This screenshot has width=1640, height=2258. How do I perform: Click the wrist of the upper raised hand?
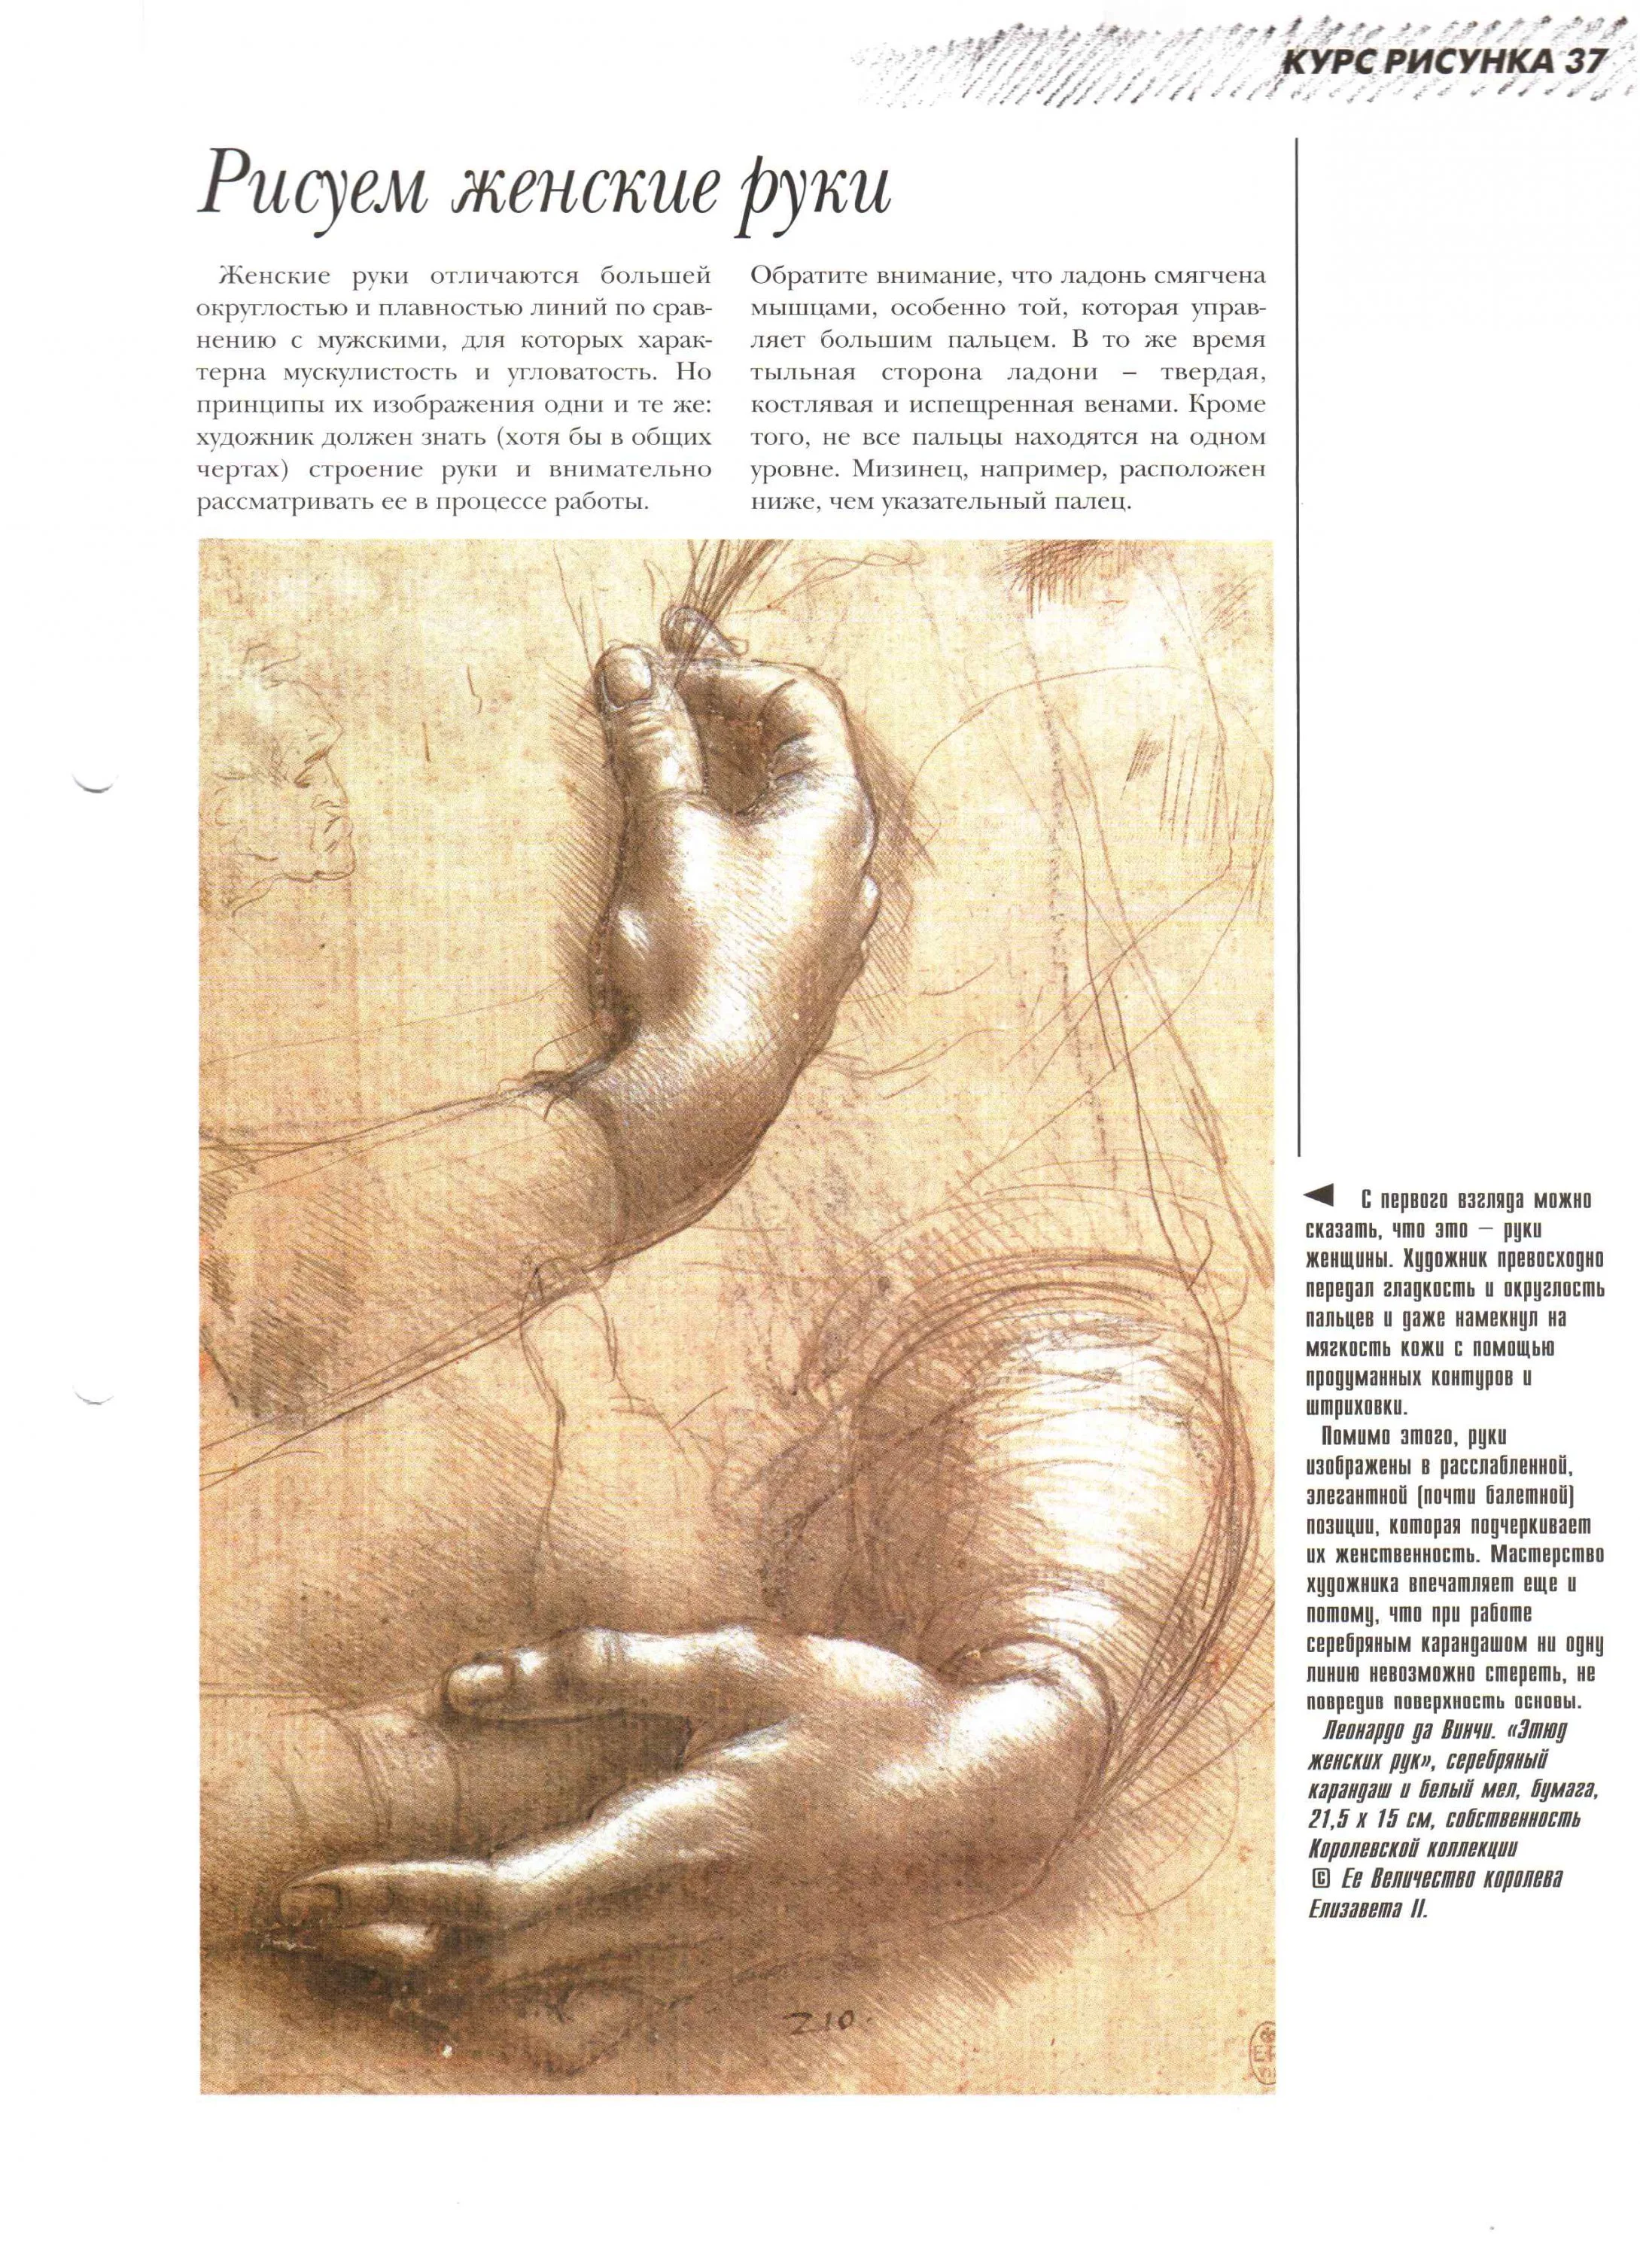[637, 1125]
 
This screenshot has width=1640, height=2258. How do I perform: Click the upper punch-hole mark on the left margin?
[96, 784]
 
